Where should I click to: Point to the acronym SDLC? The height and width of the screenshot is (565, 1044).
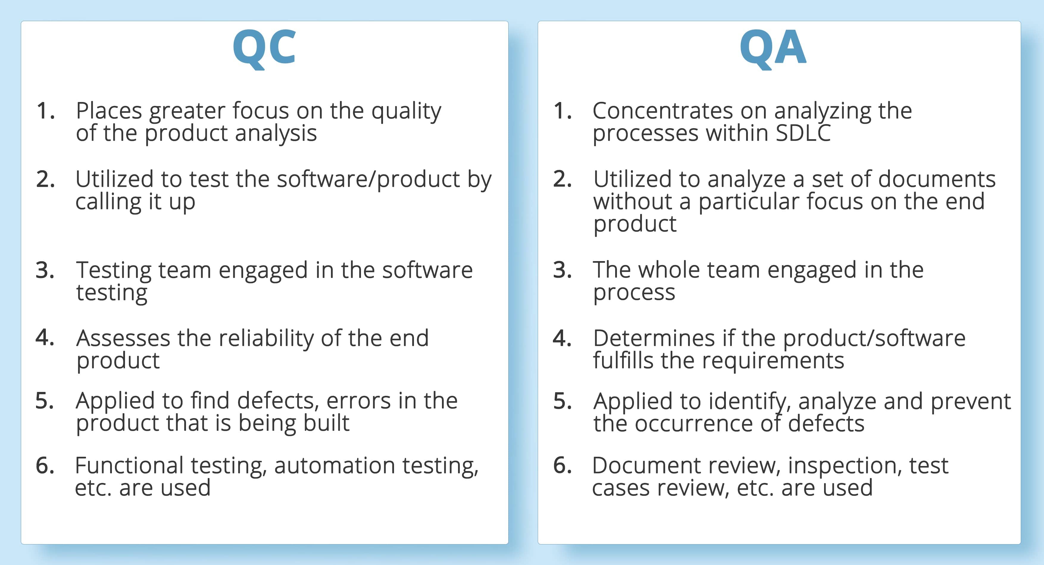pyautogui.click(x=803, y=133)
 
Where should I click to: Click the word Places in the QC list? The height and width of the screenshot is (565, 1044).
pyautogui.click(x=109, y=111)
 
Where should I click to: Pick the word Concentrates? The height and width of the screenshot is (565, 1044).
pyautogui.click(x=663, y=111)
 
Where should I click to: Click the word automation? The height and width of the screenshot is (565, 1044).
pyautogui.click(x=334, y=465)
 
